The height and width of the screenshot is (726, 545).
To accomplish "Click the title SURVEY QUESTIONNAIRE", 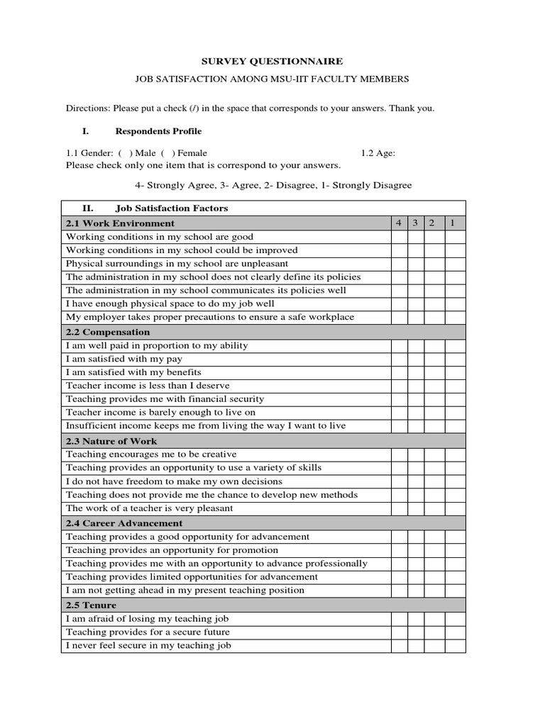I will coord(272,62).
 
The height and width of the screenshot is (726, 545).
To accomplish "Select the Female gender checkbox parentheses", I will coord(168,152).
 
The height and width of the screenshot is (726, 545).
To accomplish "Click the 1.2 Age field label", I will coord(378,152).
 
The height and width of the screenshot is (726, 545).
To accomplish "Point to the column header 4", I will coord(399,223).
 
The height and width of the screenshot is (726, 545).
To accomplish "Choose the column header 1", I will coord(455,223).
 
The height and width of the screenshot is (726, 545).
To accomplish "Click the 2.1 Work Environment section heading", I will coord(120,223).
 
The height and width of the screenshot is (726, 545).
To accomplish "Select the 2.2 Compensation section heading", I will coord(108,332).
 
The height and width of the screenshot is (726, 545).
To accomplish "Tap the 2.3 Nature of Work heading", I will coord(111,441).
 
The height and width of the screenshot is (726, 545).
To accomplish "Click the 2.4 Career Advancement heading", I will coord(124,523).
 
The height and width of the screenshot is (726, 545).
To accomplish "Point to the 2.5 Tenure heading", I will coord(91,605).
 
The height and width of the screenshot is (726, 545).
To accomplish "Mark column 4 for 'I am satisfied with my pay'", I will coord(399,359).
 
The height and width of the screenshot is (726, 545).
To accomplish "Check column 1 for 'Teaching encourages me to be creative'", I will coord(455,454).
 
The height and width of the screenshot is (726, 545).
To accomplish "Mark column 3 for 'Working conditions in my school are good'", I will coord(417,237).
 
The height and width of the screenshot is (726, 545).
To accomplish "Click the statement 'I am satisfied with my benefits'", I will coord(133,372).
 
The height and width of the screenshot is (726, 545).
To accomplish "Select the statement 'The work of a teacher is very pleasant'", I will coord(149,508).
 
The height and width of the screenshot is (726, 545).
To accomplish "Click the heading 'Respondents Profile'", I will coord(158,131).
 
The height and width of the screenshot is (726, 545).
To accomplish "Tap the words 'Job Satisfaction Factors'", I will coord(172,208).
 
